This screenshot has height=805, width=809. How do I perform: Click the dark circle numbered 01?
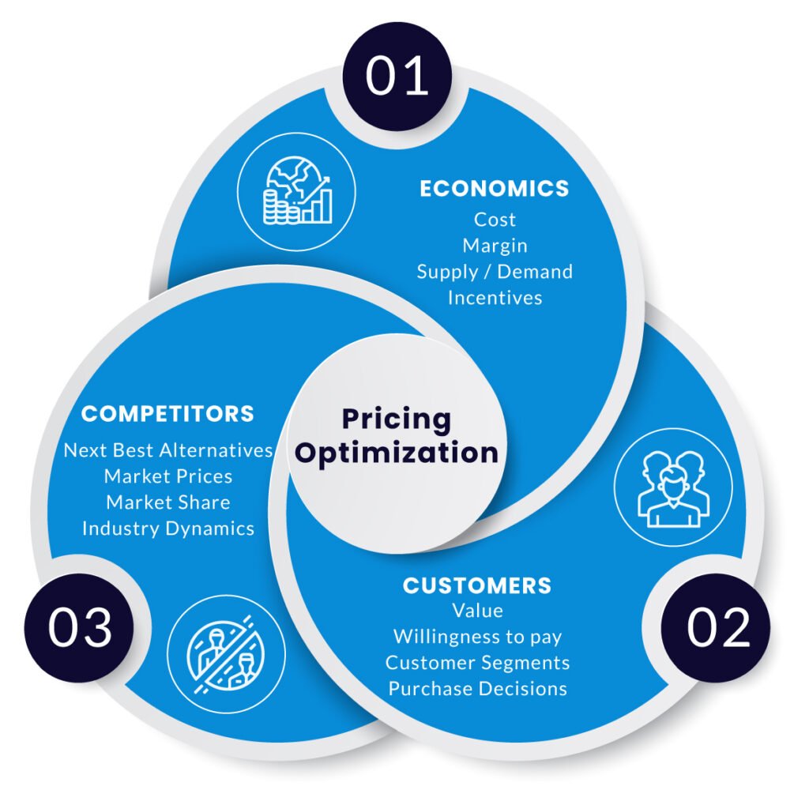click(397, 77)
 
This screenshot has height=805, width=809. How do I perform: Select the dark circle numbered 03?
click(79, 627)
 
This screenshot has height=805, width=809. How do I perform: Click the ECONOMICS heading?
click(495, 189)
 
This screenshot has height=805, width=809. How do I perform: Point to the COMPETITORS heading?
click(167, 414)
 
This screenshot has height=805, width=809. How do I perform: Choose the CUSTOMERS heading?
click(477, 585)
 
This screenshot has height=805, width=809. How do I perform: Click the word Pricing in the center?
click(397, 419)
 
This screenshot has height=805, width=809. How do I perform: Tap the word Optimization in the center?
click(397, 453)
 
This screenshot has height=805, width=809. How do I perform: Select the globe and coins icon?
click(297, 191)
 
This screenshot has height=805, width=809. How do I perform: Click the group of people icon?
click(673, 487)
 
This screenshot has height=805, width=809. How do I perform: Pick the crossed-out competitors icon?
click(226, 654)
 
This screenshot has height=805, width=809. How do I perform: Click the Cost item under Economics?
click(495, 220)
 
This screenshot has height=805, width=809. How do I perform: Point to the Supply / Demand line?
click(495, 272)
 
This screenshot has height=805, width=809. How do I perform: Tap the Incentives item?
click(495, 298)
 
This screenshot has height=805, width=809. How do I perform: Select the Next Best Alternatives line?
click(168, 450)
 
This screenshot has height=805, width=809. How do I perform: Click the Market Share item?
click(168, 502)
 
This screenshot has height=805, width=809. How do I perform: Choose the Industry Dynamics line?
click(168, 529)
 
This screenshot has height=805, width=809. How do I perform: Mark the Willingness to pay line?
click(477, 637)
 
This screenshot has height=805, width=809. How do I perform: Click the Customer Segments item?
click(477, 663)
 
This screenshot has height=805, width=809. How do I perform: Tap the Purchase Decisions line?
click(477, 689)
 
